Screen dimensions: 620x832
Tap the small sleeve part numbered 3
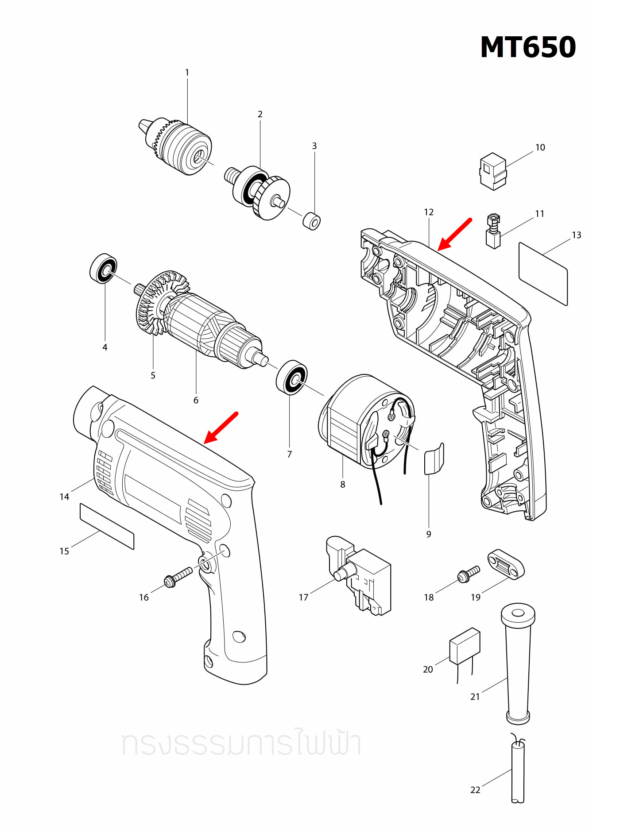coord(312,220)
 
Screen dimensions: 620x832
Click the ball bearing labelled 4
coord(103,269)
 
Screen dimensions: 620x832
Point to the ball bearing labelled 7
coord(291,377)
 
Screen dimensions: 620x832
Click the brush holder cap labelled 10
coord(493,171)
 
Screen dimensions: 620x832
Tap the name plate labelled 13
coord(543,273)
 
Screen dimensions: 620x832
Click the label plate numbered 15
coord(107,526)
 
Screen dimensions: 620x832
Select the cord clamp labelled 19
coord(506,564)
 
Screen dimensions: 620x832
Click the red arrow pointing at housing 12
coord(455,234)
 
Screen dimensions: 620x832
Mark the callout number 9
coord(429,534)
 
